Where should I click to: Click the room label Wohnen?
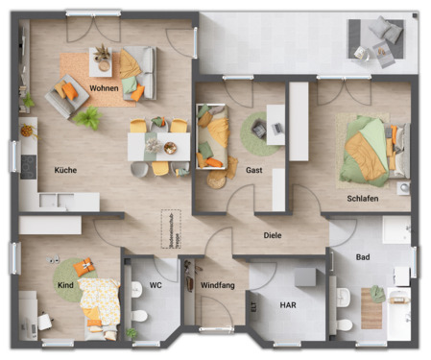pyautogui.click(x=105, y=88)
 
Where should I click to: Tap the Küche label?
pyautogui.click(x=66, y=170)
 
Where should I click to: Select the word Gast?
pyautogui.click(x=254, y=170)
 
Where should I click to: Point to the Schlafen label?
pyautogui.click(x=363, y=199)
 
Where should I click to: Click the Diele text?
pyautogui.click(x=274, y=234)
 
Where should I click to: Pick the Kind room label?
pyautogui.click(x=66, y=285)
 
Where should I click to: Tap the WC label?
pyautogui.click(x=156, y=285)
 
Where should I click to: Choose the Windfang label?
pyautogui.click(x=219, y=285)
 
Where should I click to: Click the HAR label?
pyautogui.click(x=287, y=304)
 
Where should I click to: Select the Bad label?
pyautogui.click(x=363, y=257)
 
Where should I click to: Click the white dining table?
pyautogui.click(x=158, y=145)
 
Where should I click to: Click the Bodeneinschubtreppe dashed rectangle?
pyautogui.click(x=172, y=225)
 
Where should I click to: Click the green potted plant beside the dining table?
pyautogui.click(x=88, y=118)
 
